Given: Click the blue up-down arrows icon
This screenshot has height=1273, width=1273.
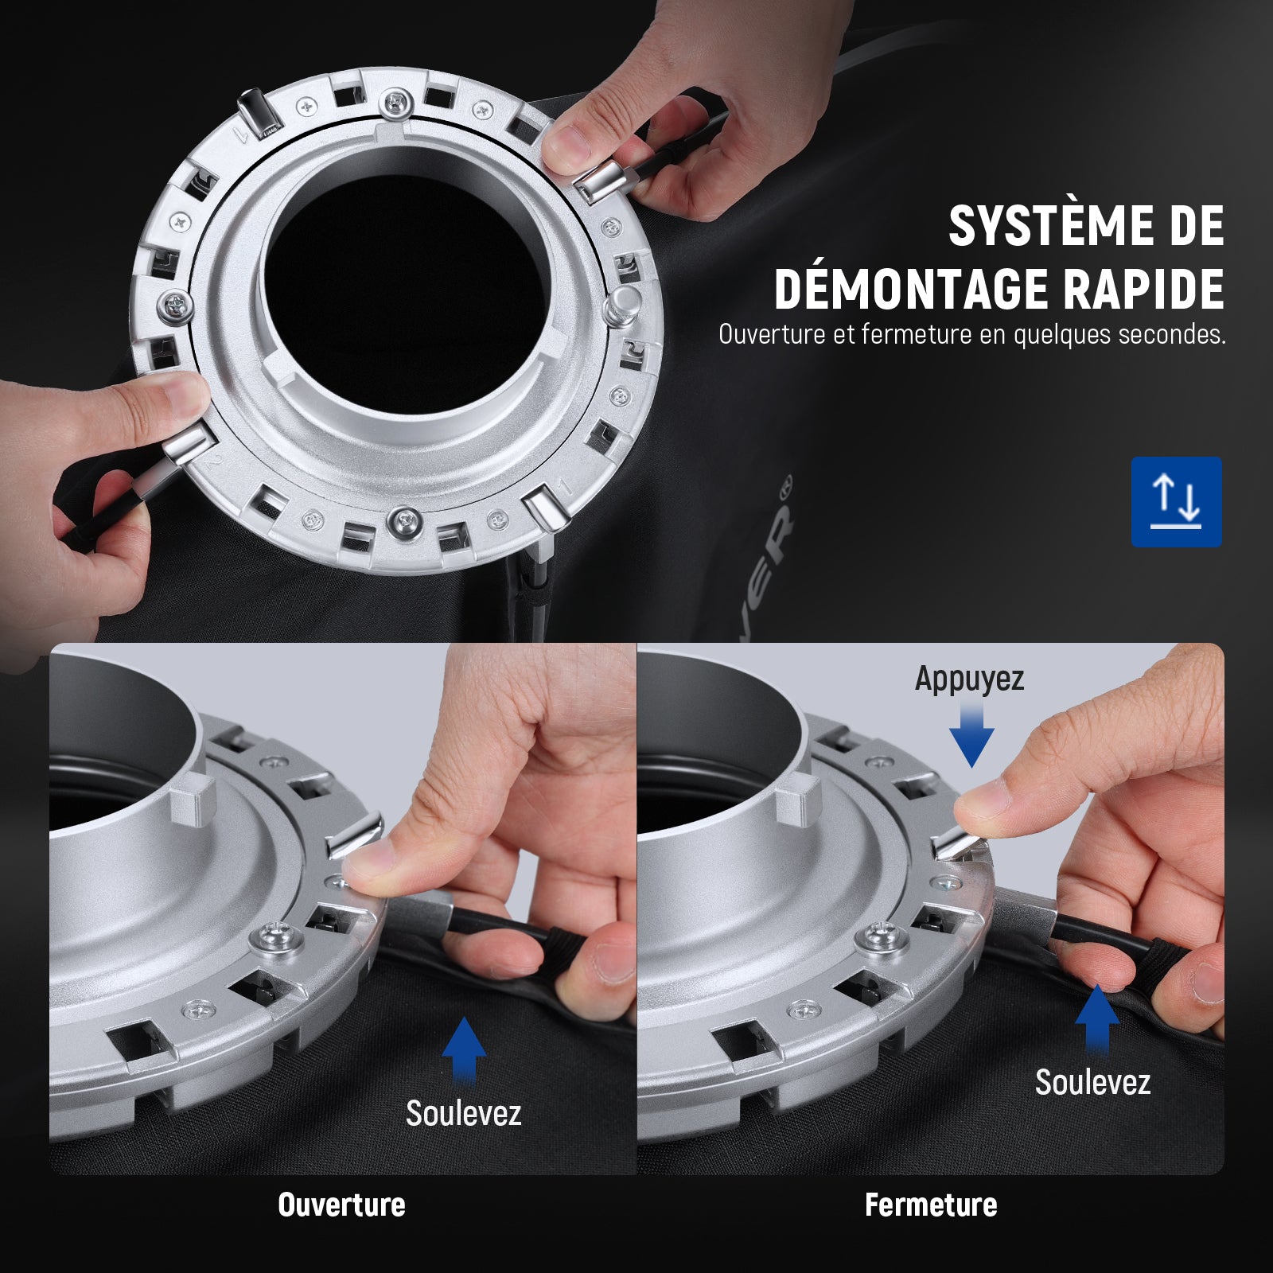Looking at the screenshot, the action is click(x=1176, y=501).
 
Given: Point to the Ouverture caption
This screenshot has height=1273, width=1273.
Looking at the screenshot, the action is click(x=341, y=1205).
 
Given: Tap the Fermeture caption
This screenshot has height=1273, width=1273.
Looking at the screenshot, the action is click(x=931, y=1205).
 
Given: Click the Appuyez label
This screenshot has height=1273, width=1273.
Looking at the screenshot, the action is click(x=969, y=679).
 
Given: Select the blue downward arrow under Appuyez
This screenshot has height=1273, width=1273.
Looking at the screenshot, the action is click(x=971, y=735).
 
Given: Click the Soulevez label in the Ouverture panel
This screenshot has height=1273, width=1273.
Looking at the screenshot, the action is click(x=463, y=1113).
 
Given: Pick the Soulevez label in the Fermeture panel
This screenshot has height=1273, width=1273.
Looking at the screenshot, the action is click(x=1092, y=1082).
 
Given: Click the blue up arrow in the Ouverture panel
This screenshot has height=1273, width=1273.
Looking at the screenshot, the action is click(x=464, y=1051).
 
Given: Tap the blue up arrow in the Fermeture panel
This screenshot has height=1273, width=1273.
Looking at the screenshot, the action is click(x=1097, y=1019).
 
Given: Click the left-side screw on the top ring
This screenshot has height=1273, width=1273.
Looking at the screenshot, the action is click(x=176, y=305).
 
